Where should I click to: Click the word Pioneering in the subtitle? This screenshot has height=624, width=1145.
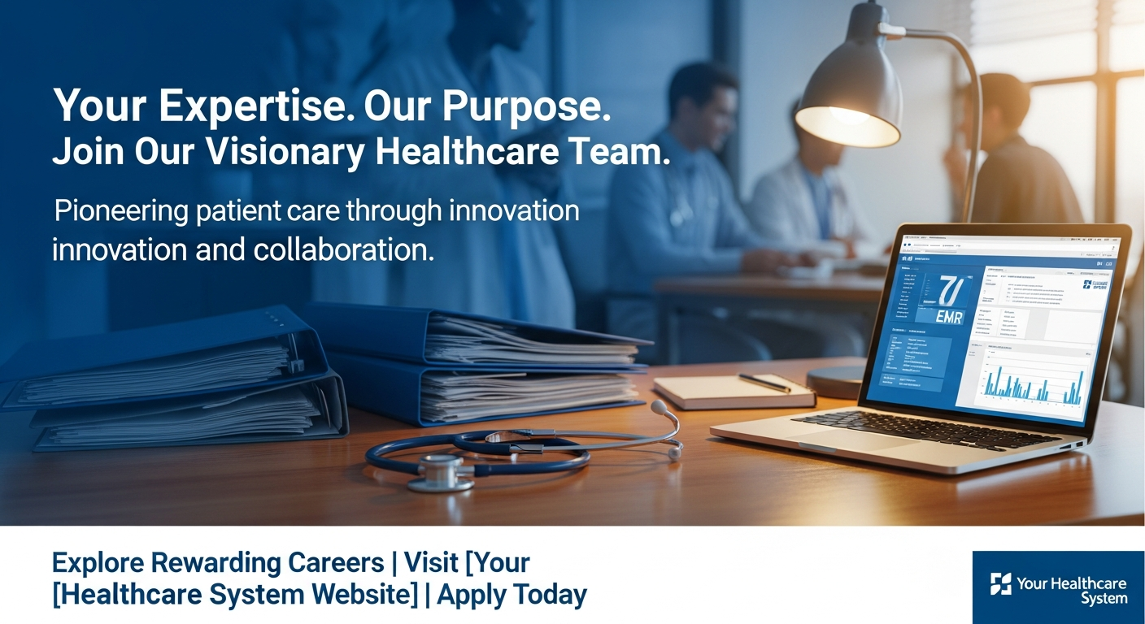coord(120,211)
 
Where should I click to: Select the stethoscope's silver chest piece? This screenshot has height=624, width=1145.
coord(440,470)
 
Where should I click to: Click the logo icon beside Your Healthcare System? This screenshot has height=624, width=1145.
coord(1001,583)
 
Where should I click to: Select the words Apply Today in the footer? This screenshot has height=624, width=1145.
coord(512,595)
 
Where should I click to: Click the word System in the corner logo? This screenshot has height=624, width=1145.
coord(1104,599)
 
